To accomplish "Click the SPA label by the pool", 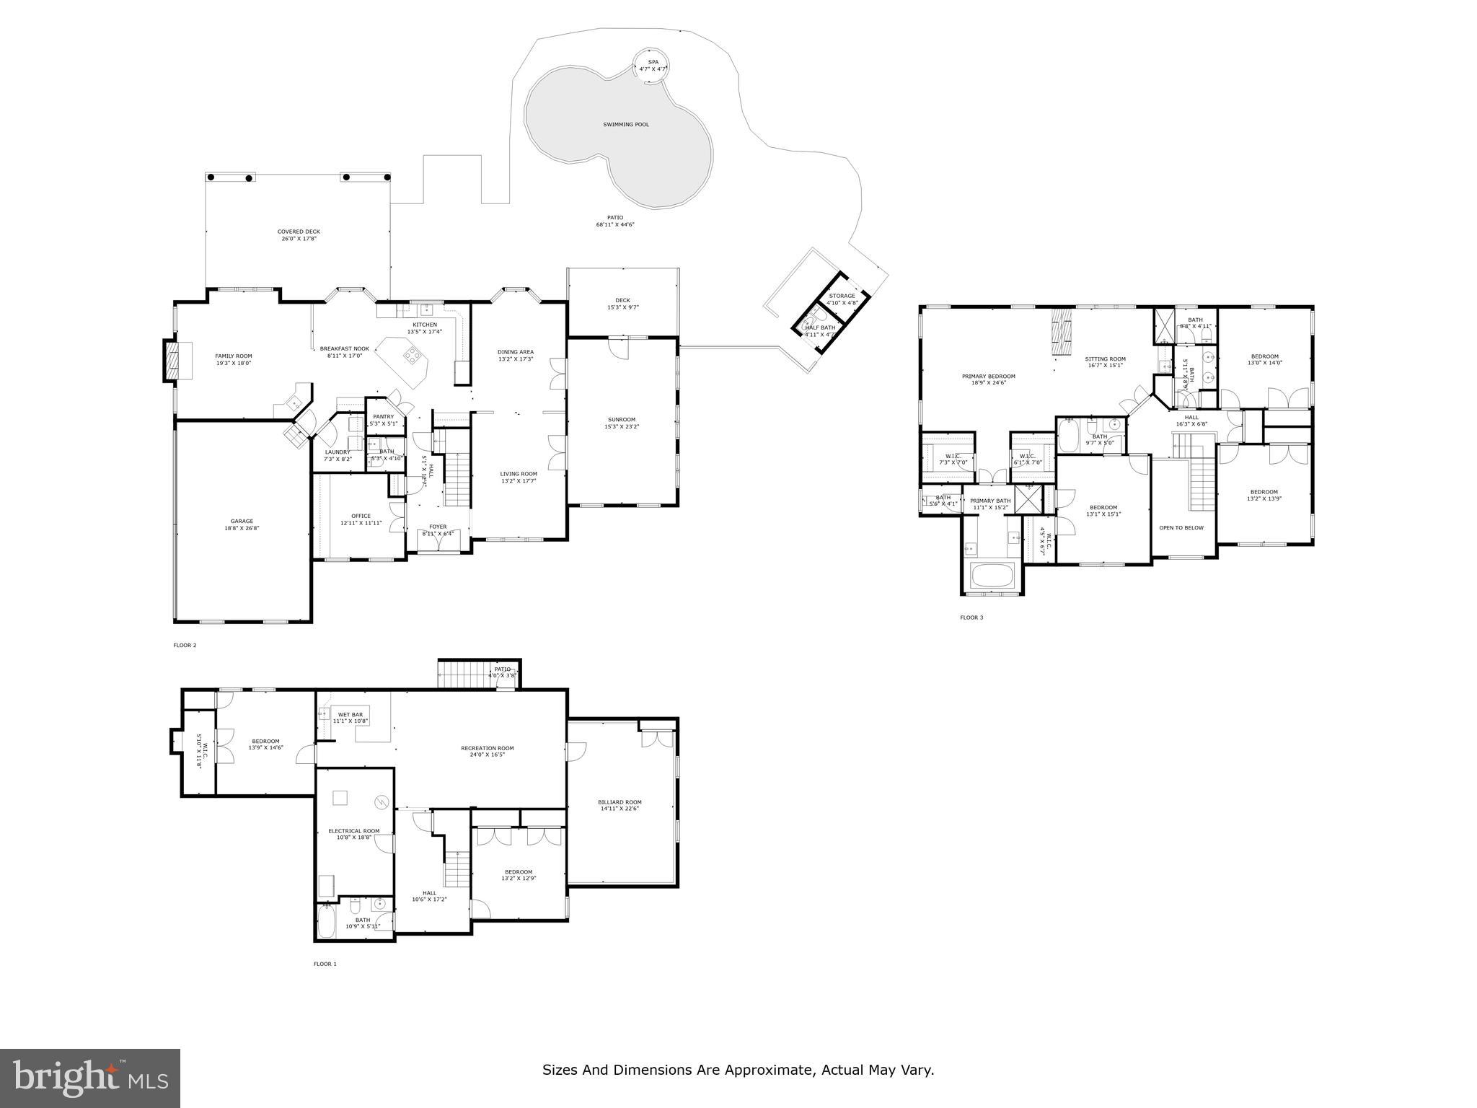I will click(653, 62).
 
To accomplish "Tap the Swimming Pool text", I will click(626, 125).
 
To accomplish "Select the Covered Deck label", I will click(299, 232).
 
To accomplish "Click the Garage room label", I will click(242, 521).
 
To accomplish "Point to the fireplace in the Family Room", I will click(172, 360).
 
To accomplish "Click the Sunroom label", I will click(621, 419).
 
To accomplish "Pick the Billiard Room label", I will click(620, 802).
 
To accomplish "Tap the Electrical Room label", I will click(353, 831).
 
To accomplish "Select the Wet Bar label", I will click(350, 714).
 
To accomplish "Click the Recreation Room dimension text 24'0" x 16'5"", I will click(488, 755).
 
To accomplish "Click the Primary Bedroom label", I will click(988, 376).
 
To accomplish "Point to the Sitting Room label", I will click(1105, 359).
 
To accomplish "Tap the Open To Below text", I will click(1181, 527).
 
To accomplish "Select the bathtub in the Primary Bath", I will click(992, 576).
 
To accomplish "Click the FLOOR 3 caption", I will click(971, 617).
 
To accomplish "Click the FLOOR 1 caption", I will click(325, 964).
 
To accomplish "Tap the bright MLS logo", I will click(90, 1078).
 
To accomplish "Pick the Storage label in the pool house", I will click(842, 296).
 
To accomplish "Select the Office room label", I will click(361, 516).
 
